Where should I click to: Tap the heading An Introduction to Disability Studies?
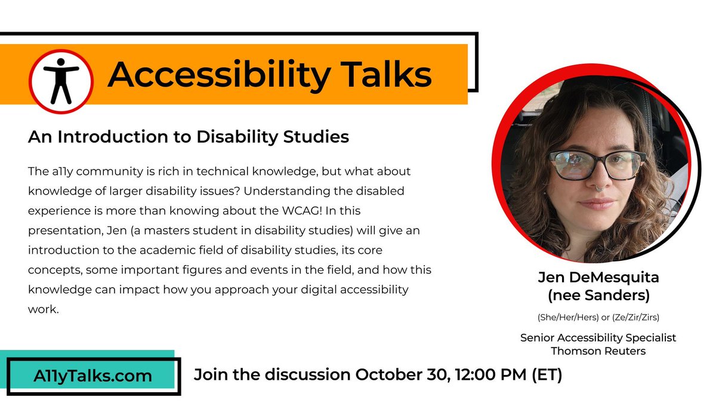(188, 137)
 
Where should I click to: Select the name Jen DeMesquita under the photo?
(598, 278)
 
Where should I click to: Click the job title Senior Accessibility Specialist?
(598, 337)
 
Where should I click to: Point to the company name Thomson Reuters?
(598, 351)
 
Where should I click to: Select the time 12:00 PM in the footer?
(501, 376)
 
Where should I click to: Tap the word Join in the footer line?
(212, 376)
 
